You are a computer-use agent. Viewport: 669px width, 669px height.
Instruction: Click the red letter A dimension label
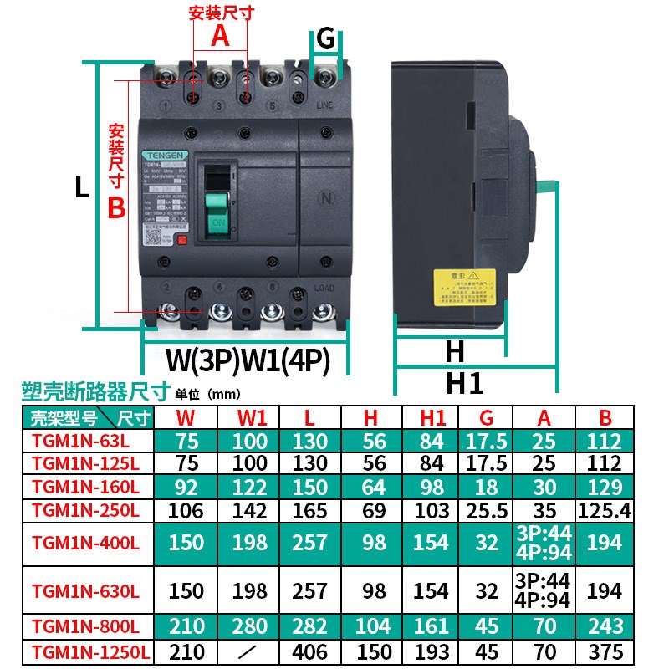click(x=219, y=36)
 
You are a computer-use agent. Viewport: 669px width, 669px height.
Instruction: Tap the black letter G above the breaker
click(x=326, y=38)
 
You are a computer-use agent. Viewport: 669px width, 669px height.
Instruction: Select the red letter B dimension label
click(x=117, y=207)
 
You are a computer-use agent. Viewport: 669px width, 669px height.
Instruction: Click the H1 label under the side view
click(x=464, y=383)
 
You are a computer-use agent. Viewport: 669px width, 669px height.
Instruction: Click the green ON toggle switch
click(x=217, y=213)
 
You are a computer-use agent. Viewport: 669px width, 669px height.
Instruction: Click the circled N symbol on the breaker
click(x=327, y=198)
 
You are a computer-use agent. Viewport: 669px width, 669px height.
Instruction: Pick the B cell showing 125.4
click(x=605, y=510)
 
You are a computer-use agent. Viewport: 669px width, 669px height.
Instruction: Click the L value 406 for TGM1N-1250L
click(x=310, y=652)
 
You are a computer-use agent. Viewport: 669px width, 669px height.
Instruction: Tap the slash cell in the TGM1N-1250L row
click(x=252, y=652)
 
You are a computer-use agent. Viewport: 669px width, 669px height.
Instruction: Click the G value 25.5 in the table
click(x=486, y=510)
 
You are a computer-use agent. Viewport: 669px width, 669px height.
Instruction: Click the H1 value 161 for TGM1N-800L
click(x=431, y=626)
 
